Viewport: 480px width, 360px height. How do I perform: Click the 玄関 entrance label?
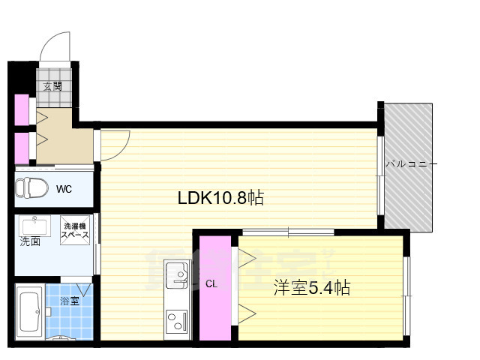(52, 85)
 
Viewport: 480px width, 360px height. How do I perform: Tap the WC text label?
(64, 189)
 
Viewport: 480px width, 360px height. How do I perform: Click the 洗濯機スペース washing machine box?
(75, 230)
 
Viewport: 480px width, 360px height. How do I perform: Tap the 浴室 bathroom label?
(70, 302)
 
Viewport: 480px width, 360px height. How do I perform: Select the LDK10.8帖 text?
(220, 198)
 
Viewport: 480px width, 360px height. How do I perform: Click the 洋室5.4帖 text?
(311, 288)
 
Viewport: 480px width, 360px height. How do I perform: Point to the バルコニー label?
(409, 163)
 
